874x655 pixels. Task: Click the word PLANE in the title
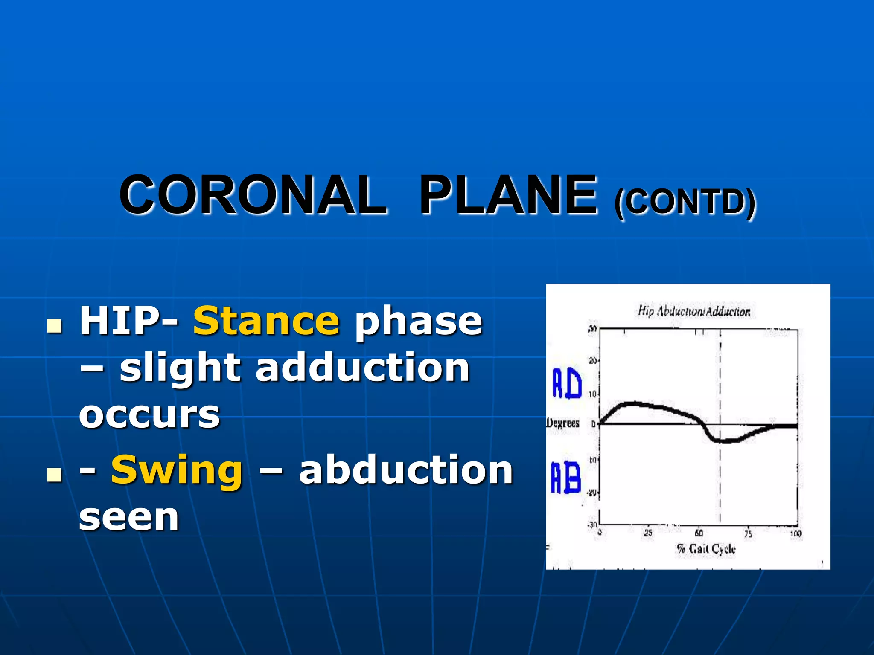[508, 195]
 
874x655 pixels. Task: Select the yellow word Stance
[266, 321]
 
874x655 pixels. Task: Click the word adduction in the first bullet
[363, 368]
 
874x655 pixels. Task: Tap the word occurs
[149, 414]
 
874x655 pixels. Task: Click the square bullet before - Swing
[54, 475]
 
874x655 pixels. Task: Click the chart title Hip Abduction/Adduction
[694, 311]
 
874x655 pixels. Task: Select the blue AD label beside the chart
[567, 383]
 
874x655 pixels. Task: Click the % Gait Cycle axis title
[706, 549]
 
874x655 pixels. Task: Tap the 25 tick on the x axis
[648, 533]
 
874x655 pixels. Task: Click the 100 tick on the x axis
[795, 533]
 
